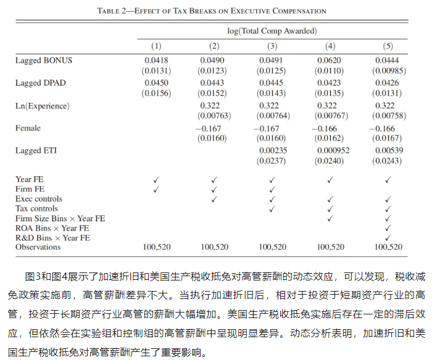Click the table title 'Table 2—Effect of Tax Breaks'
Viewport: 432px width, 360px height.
(x=212, y=11)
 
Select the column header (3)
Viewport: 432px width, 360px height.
(x=272, y=46)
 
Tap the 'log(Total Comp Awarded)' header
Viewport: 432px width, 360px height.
(x=272, y=30)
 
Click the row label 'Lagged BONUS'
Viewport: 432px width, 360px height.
(x=44, y=60)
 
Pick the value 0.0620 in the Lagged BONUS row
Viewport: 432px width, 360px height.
(x=330, y=60)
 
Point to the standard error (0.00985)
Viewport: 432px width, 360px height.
(x=388, y=70)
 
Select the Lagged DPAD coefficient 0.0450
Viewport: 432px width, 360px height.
(x=156, y=83)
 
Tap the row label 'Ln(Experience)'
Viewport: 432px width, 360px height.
(x=43, y=106)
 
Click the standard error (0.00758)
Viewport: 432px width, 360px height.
(x=388, y=116)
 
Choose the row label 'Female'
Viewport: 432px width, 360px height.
(x=28, y=128)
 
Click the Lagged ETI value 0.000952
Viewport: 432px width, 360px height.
(x=330, y=151)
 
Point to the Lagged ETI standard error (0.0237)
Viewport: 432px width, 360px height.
(x=272, y=161)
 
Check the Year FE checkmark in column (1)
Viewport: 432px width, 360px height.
(x=156, y=179)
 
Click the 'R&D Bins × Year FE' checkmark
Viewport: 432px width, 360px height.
(x=388, y=238)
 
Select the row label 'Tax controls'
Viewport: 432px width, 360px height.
(x=37, y=209)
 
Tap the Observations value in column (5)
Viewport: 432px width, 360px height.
(x=388, y=247)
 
